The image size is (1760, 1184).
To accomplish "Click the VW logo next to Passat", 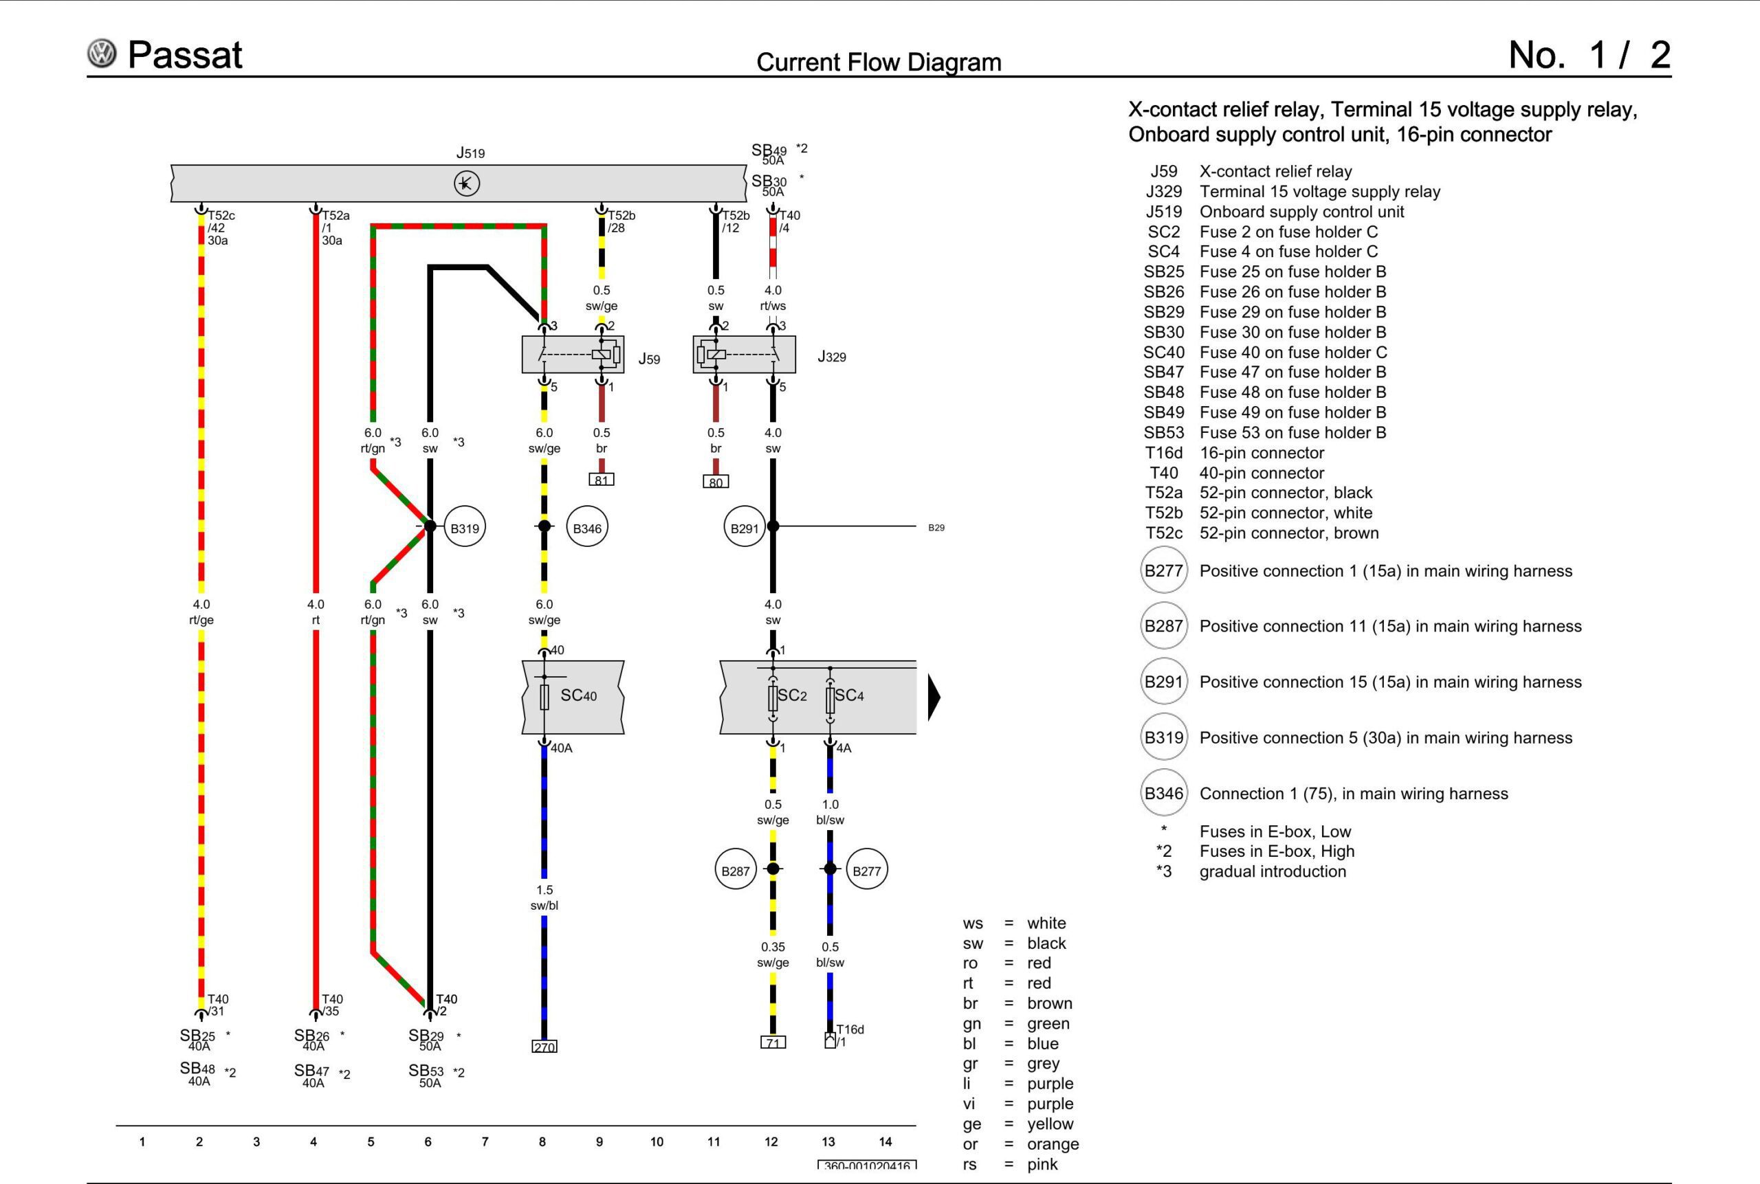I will click(102, 54).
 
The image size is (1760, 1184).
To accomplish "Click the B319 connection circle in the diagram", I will click(465, 528).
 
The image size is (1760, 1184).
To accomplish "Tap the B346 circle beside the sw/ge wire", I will click(587, 528).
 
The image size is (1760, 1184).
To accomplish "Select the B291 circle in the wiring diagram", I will click(744, 528).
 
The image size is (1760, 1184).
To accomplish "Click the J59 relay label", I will click(649, 359).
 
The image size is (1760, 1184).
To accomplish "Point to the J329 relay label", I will click(832, 357).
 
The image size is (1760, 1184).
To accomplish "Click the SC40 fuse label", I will click(579, 695).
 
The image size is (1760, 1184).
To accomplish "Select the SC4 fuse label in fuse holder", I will click(850, 695).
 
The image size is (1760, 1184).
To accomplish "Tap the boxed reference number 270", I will click(544, 1047).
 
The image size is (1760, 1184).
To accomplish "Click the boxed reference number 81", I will click(602, 480).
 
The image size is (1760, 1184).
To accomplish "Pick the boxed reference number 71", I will click(773, 1043).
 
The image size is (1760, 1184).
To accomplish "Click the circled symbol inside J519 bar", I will click(467, 183).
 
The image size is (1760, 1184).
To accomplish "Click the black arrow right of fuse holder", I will click(934, 696).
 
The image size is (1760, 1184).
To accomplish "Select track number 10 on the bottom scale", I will click(657, 1141).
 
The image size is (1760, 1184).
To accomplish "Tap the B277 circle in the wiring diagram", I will click(866, 871).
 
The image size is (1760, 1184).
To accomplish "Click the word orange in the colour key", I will click(1053, 1144).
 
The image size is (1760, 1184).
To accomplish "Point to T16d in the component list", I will click(1163, 453).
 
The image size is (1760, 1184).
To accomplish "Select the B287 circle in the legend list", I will click(1163, 626).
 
